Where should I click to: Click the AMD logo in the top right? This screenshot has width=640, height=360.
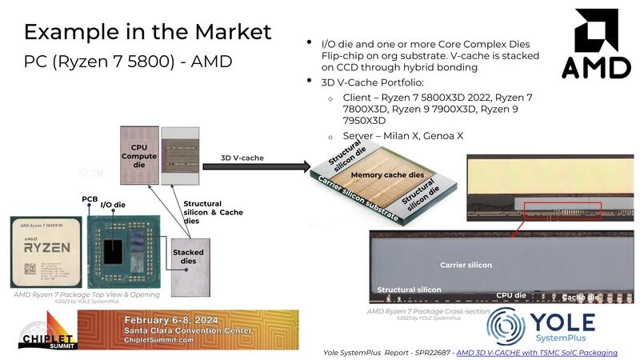(x=596, y=46)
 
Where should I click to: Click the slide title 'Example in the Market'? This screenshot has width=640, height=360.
(x=147, y=31)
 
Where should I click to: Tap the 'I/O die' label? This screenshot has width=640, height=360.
(x=113, y=206)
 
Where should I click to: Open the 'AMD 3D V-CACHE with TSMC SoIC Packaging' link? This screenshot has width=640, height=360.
(x=548, y=352)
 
